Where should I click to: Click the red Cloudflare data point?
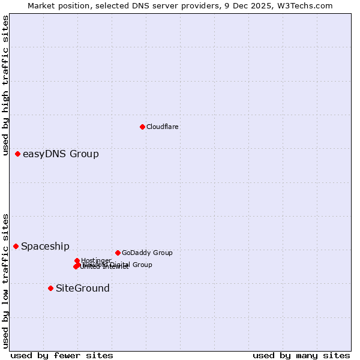pyautogui.click(x=142, y=127)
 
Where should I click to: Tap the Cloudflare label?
pyautogui.click(x=163, y=127)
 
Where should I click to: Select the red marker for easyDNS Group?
pyautogui.click(x=18, y=154)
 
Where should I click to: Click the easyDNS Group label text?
pyautogui.click(x=61, y=154)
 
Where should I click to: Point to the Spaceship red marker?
pyautogui.click(x=16, y=246)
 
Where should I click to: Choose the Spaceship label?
pyautogui.click(x=45, y=247)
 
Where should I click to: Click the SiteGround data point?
pyautogui.click(x=51, y=288)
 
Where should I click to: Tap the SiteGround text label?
pyautogui.click(x=83, y=289)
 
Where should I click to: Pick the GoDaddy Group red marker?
pyautogui.click(x=118, y=253)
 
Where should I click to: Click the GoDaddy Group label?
pyautogui.click(x=147, y=253)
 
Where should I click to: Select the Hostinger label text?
pyautogui.click(x=96, y=260)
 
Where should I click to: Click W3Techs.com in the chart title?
pyautogui.click(x=307, y=6)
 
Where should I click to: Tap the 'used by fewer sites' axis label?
pyautogui.click(x=62, y=355)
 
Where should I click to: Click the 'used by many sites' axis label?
pyautogui.click(x=301, y=355)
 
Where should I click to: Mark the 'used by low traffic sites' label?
pyautogui.click(x=6, y=280)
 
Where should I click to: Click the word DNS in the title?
pyautogui.click(x=143, y=6)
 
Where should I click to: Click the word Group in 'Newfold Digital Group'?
pyautogui.click(x=142, y=265)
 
